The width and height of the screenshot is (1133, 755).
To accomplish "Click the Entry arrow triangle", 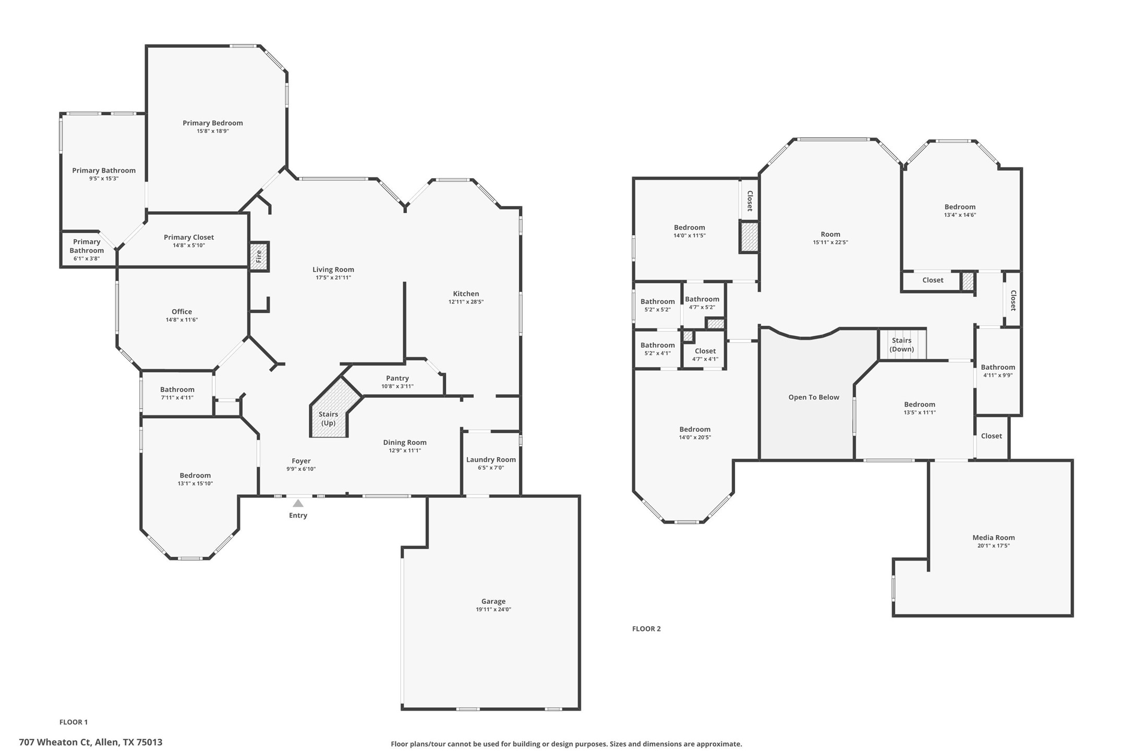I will point(298,503).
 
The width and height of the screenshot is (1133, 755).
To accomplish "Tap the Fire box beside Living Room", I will point(259,256).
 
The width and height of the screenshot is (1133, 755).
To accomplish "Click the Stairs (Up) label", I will point(328,418).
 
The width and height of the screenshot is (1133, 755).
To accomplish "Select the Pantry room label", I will point(397,378).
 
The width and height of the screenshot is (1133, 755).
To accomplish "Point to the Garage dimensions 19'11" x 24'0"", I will point(493,609).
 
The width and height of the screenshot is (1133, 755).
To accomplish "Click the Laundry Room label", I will point(490,459).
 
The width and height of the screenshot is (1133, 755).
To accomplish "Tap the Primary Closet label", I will point(189,237).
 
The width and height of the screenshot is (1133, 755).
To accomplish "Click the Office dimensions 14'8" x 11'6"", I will point(182,320).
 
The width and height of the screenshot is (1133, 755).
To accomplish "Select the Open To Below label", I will point(813,397).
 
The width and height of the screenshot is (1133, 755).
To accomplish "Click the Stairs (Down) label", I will point(901,345).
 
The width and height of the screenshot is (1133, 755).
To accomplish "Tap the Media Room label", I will point(993,538).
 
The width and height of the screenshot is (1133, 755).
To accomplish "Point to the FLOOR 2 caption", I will point(646,629).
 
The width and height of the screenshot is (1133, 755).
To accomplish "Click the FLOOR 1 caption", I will point(74,722).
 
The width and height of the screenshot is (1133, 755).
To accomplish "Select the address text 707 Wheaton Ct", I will point(55,742).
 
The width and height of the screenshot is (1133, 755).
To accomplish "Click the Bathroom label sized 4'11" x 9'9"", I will point(997,367).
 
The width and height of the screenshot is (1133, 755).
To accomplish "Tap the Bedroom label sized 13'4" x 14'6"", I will point(959,207).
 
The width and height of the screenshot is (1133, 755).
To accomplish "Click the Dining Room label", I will point(404,443).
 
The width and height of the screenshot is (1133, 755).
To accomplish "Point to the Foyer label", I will point(301,461).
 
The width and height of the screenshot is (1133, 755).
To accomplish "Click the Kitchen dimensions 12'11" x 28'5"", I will point(466,302).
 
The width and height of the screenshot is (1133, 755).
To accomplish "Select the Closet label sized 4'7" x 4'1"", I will point(705,351).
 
